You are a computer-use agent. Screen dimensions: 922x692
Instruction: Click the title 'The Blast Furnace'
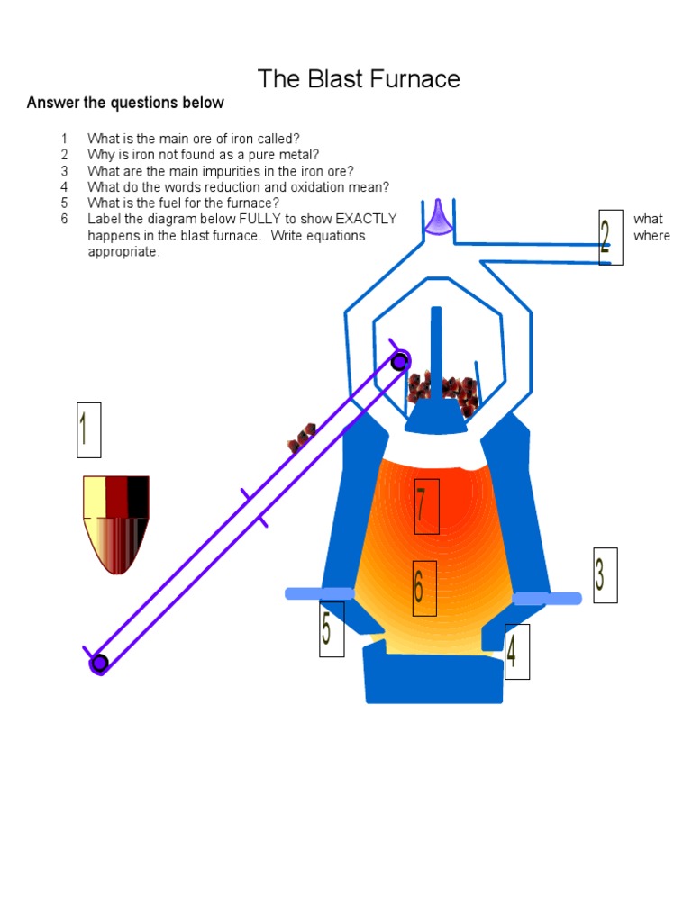click(x=359, y=79)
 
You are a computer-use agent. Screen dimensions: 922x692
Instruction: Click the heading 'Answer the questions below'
click(x=125, y=103)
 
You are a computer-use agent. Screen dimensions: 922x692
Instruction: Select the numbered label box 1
click(x=88, y=429)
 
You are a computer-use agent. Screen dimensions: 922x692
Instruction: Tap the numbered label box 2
click(x=610, y=237)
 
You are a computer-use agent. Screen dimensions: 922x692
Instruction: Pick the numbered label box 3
click(x=605, y=574)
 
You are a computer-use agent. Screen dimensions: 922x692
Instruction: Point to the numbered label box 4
click(x=516, y=651)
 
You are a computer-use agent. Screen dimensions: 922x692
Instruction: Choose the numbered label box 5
click(x=332, y=628)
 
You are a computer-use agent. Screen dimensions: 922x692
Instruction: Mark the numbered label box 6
click(x=424, y=588)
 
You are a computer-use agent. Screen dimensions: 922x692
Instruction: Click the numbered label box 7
click(x=426, y=506)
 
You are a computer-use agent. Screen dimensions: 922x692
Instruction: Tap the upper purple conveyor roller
click(x=400, y=360)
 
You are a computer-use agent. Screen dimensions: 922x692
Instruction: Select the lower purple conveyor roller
click(x=99, y=664)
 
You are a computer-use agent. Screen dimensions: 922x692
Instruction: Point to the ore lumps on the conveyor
click(x=301, y=437)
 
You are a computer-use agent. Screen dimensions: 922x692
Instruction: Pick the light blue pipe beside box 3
click(x=548, y=598)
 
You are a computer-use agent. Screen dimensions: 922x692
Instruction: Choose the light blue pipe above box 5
click(x=319, y=593)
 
